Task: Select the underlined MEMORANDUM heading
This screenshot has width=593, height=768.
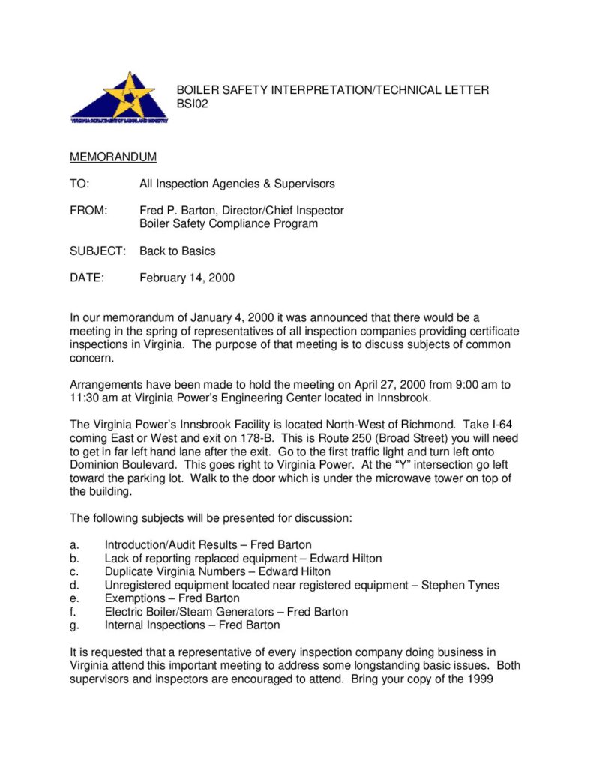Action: pos(113,157)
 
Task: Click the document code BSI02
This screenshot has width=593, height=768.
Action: pos(192,103)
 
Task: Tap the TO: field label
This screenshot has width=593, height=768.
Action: pos(79,184)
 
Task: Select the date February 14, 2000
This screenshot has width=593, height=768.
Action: pos(187,277)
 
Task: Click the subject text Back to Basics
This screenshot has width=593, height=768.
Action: pos(177,250)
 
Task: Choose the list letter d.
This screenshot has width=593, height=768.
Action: pos(73,585)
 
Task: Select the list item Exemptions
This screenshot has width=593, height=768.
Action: pos(134,598)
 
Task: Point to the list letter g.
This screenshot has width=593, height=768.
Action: pos(73,625)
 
